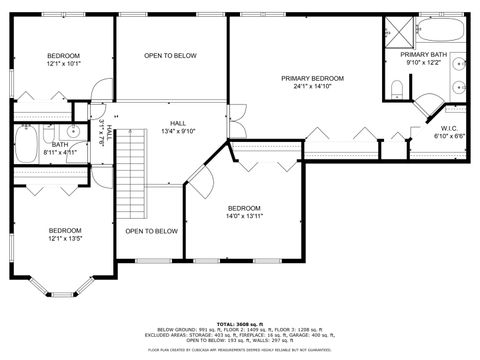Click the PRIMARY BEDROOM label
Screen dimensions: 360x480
click(312, 78)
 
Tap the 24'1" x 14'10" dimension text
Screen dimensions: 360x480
click(312, 87)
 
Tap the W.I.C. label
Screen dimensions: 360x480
click(449, 127)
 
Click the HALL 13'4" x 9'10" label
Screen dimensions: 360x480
click(171, 126)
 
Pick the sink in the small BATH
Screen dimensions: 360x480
click(73, 131)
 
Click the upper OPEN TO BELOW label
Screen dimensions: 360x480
click(170, 55)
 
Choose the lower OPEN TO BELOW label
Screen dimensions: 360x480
click(151, 231)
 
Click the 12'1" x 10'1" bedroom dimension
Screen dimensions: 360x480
click(63, 64)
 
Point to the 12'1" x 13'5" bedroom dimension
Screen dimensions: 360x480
click(63, 238)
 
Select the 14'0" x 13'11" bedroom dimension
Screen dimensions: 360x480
click(243, 217)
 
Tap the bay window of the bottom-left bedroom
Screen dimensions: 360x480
click(60, 293)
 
